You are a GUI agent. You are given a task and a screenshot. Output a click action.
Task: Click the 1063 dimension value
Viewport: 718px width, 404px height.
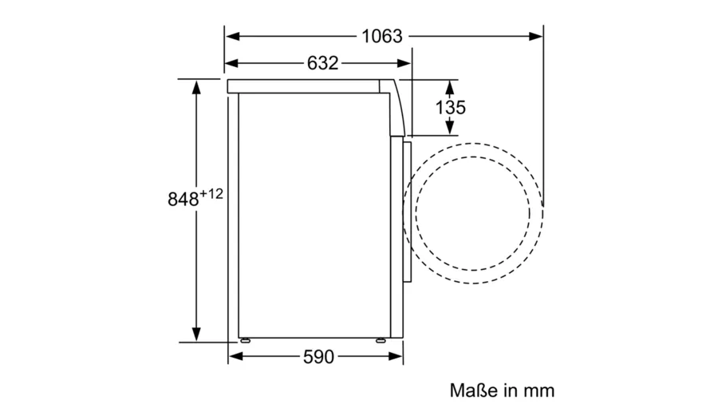click(x=382, y=36)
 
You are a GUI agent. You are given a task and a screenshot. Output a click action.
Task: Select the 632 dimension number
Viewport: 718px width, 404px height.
click(x=322, y=63)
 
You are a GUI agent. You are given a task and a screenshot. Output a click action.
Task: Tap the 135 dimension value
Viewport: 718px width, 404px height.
click(x=450, y=108)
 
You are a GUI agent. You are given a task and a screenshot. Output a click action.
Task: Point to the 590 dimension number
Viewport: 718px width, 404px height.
click(x=318, y=356)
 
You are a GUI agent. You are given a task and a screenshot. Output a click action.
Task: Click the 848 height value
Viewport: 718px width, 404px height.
click(x=183, y=200)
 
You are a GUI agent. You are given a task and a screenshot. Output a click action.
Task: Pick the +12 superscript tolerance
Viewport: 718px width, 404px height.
click(x=211, y=194)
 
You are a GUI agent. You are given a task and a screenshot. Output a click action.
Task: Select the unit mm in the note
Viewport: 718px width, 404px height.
click(x=539, y=392)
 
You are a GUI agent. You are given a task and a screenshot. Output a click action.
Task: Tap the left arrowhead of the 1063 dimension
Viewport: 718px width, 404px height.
click(x=233, y=36)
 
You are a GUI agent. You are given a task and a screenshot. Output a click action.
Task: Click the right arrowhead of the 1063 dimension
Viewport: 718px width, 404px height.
click(x=536, y=36)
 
